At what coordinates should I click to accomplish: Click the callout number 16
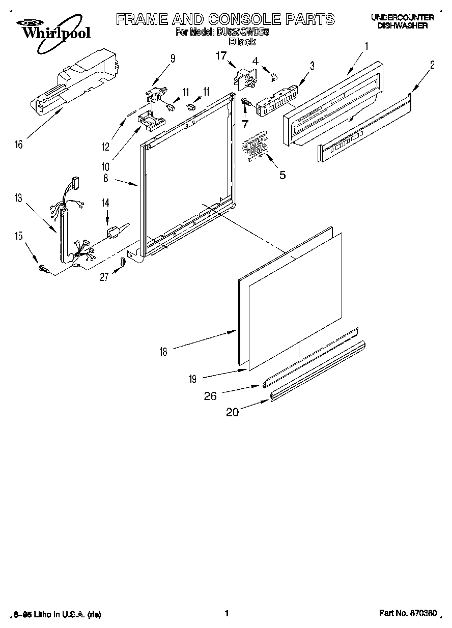coord(19,145)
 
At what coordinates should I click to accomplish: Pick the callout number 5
coord(281,175)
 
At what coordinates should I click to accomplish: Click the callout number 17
coord(220,56)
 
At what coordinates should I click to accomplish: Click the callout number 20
coord(232,413)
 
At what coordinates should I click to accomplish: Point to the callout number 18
coord(163,351)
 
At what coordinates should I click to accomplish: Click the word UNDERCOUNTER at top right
coord(402,17)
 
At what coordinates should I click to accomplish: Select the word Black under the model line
coord(242,42)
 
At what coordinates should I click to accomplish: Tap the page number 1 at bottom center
coord(226,614)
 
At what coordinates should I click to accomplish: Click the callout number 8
coord(105,179)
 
